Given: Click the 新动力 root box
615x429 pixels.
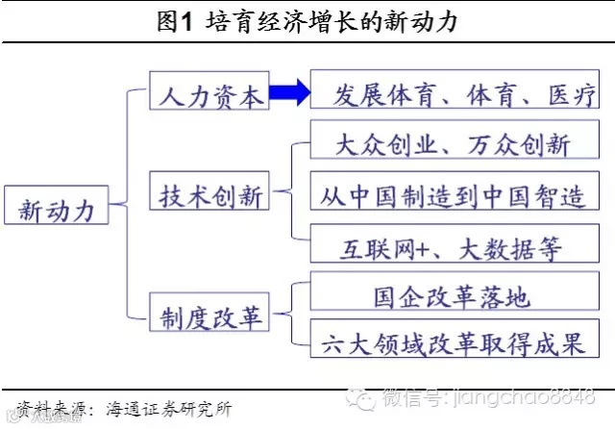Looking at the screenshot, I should pyautogui.click(x=57, y=207).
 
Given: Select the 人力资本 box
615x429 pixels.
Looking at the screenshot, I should pyautogui.click(x=209, y=95).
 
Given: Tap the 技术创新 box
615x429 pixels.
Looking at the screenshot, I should pyautogui.click(x=209, y=196).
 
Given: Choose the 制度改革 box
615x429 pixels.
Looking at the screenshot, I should pyautogui.click(x=209, y=315).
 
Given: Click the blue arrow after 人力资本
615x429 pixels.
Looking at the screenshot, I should pyautogui.click(x=288, y=93).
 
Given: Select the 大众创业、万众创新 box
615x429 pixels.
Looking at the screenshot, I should pyautogui.click(x=455, y=144).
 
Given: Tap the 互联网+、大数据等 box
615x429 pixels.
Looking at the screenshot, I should pyautogui.click(x=455, y=247).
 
